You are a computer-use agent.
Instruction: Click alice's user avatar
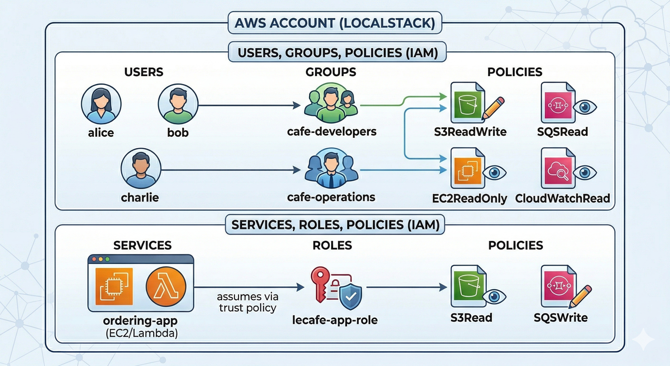pyautogui.click(x=101, y=104)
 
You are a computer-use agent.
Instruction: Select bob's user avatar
pyautogui.click(x=177, y=104)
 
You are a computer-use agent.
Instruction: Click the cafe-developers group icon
pyautogui.click(x=331, y=103)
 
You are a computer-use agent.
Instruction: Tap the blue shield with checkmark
pyautogui.click(x=350, y=297)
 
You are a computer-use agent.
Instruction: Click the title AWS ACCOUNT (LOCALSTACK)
pyautogui.click(x=335, y=23)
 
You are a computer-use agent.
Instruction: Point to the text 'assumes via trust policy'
pyautogui.click(x=247, y=302)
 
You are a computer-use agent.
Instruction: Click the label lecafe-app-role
pyautogui.click(x=335, y=320)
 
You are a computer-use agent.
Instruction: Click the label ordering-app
pyautogui.click(x=140, y=320)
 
